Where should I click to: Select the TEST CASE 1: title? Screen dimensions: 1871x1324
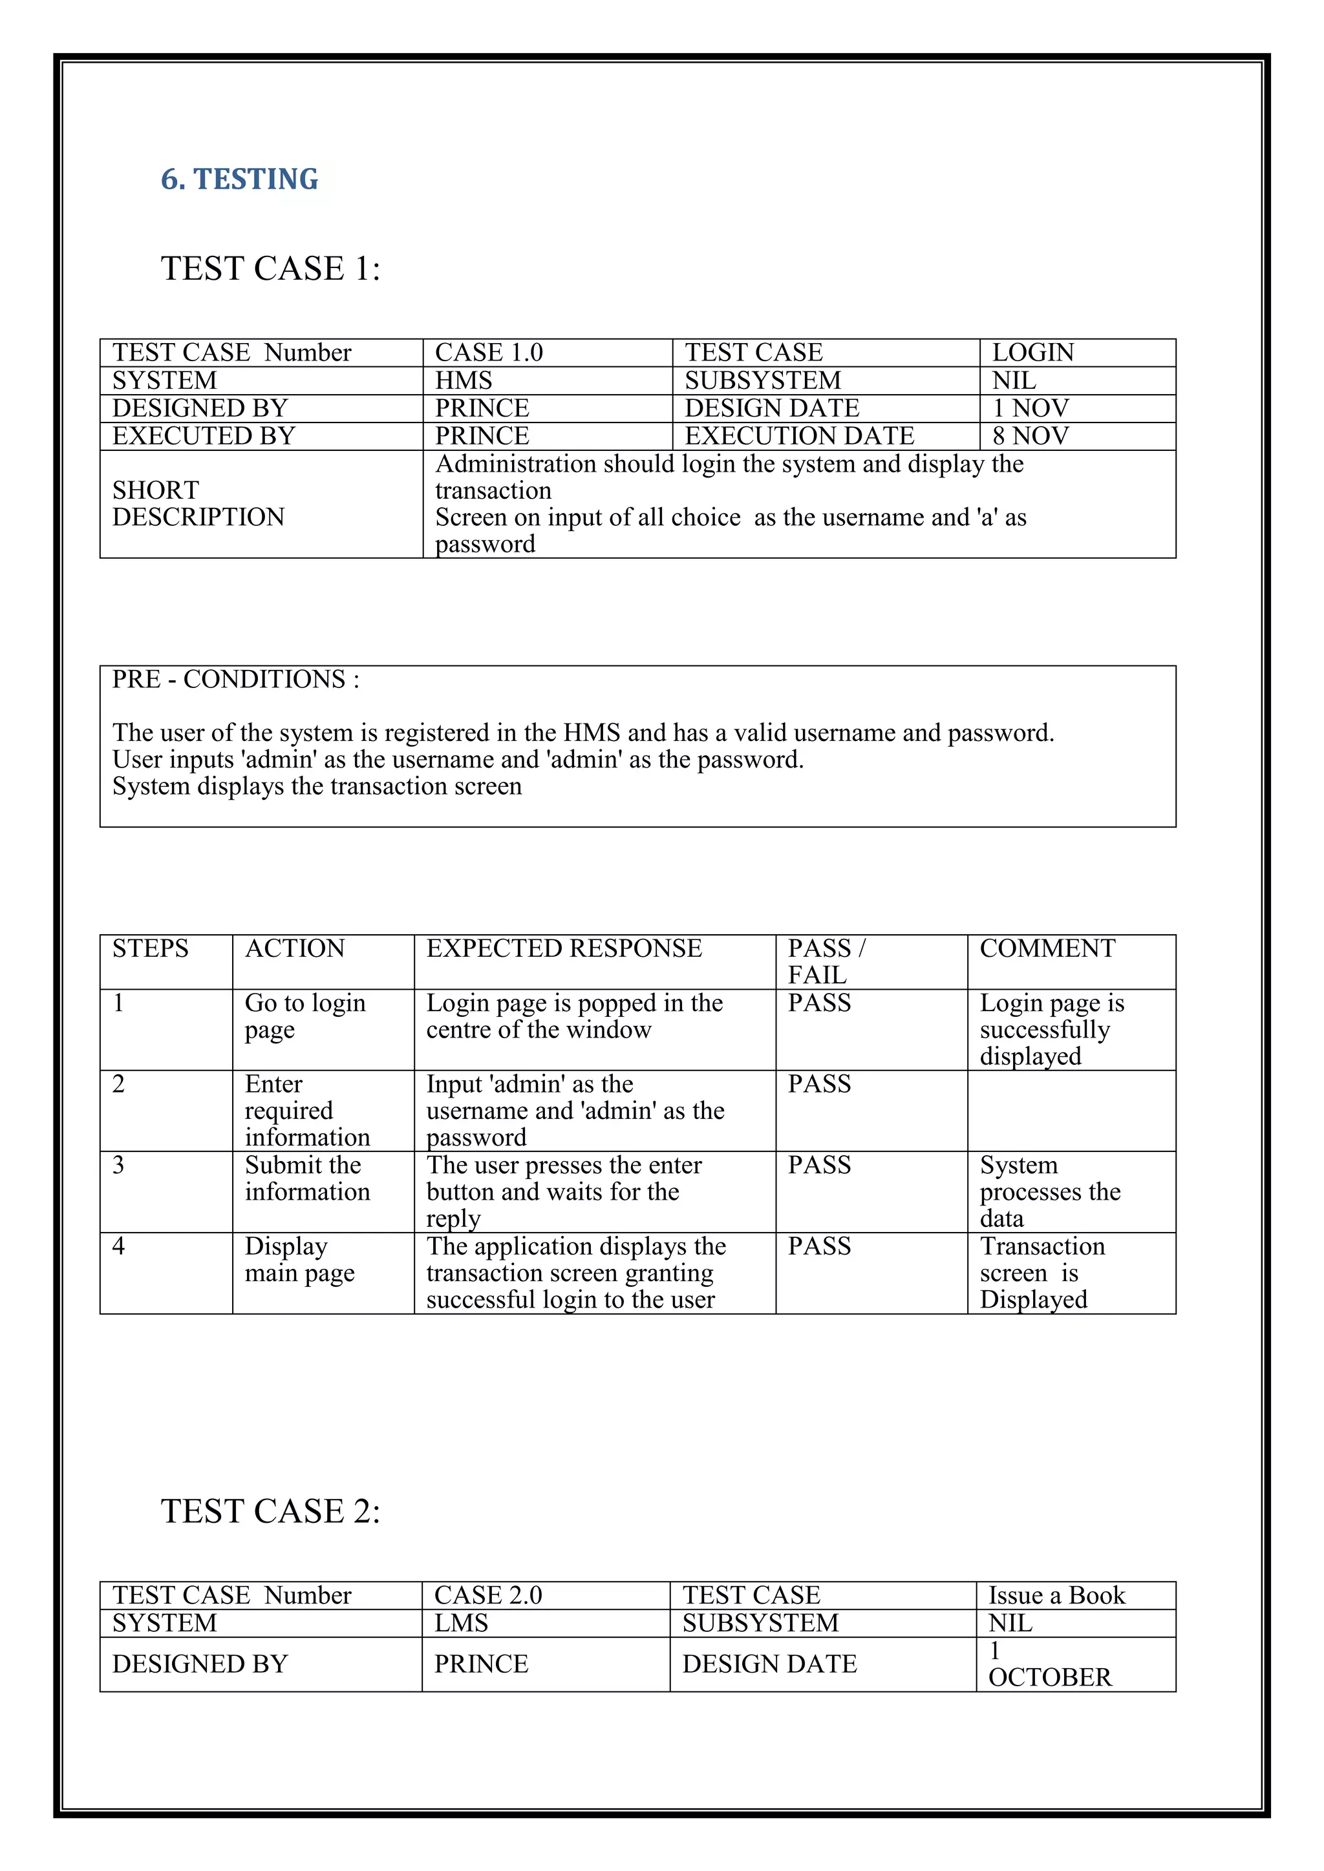271,269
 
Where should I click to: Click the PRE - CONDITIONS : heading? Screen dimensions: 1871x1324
235,680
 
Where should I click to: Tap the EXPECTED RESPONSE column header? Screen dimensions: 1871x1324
564,948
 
